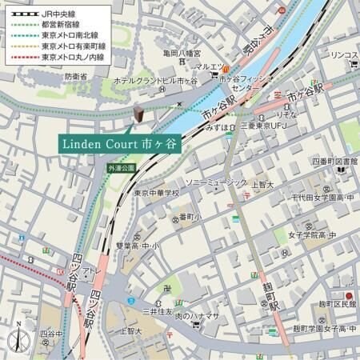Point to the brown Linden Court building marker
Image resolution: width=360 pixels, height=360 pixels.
coord(138,115)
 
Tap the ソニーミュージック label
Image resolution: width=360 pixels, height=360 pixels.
coord(217,182)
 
